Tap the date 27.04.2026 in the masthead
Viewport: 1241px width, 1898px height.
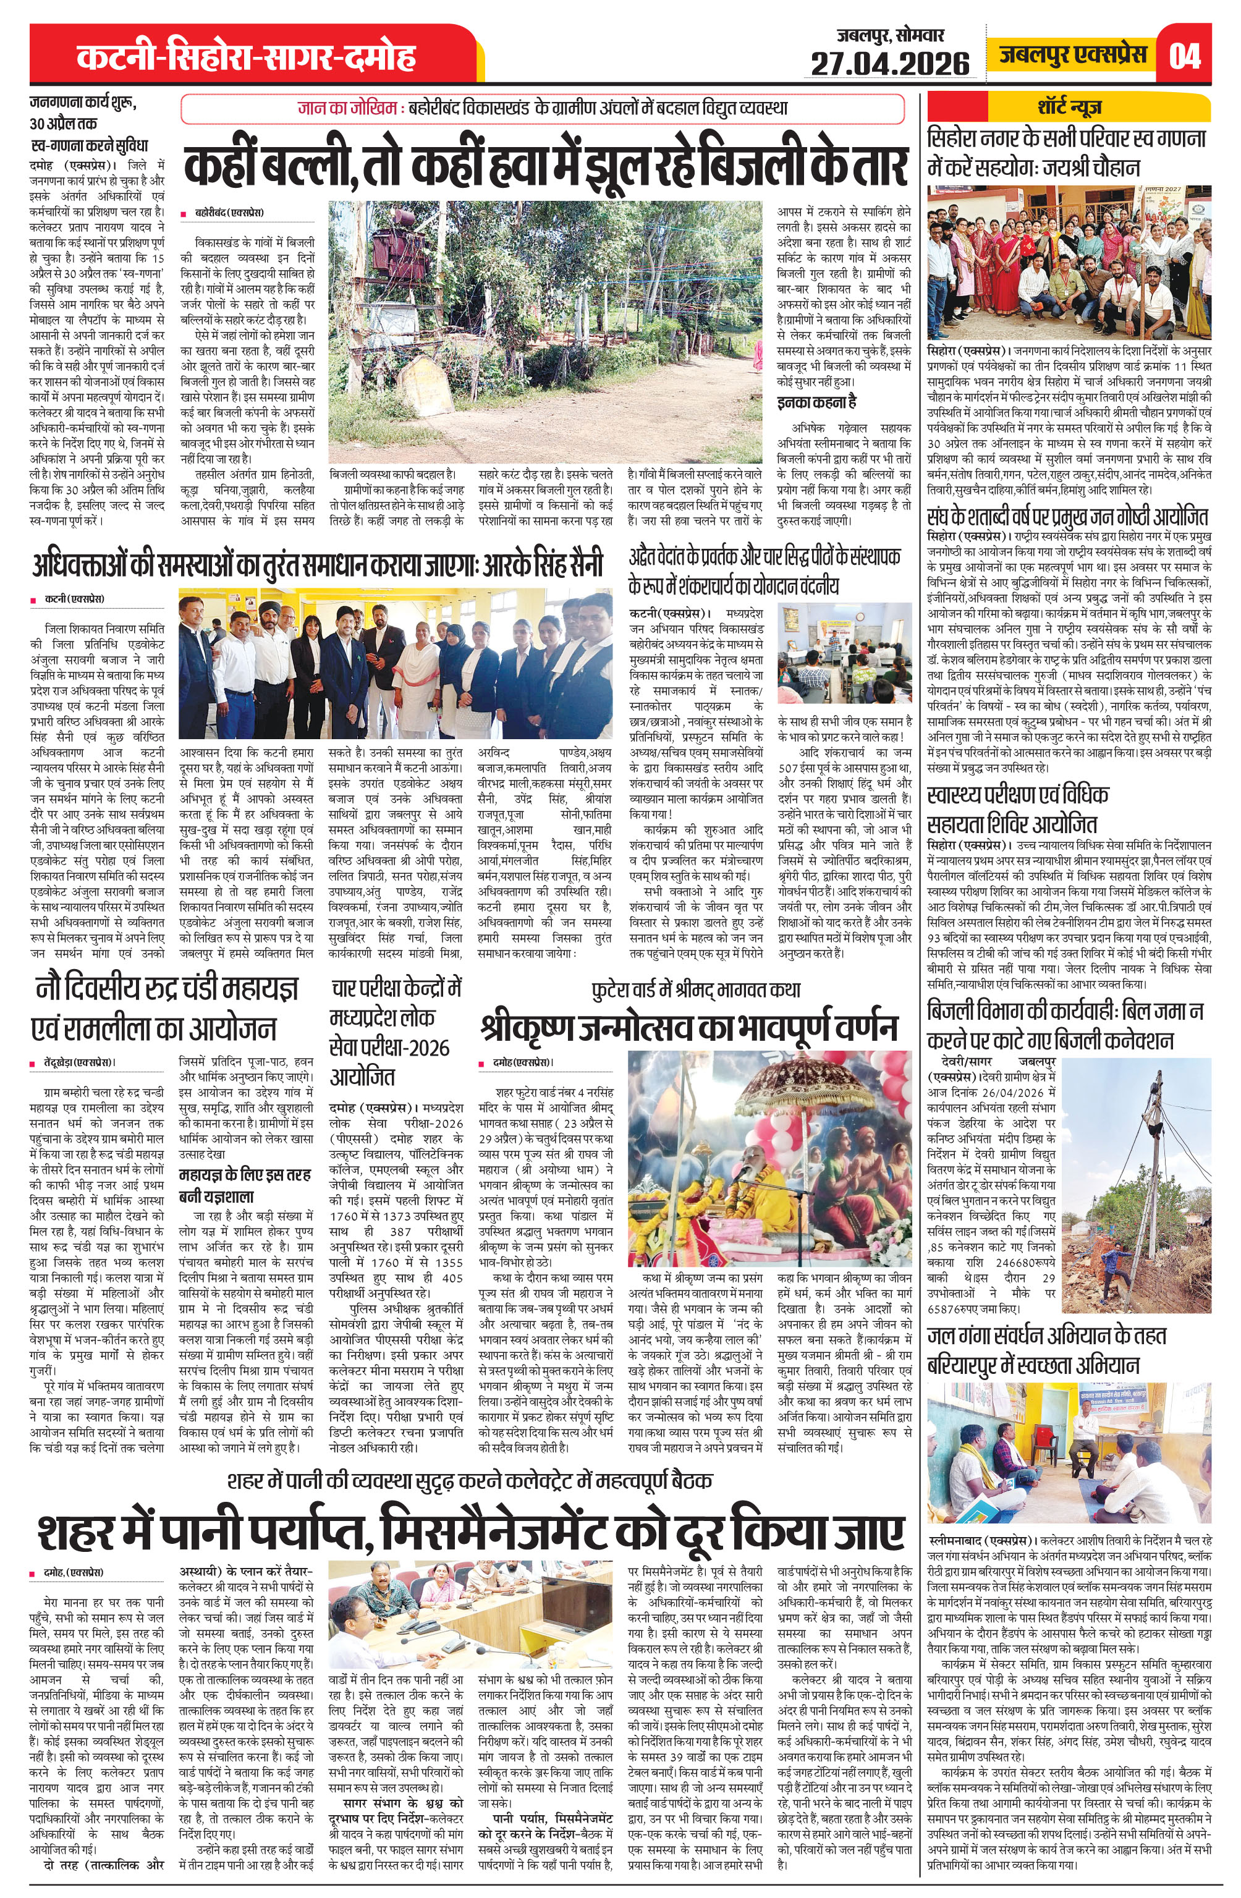click(x=889, y=64)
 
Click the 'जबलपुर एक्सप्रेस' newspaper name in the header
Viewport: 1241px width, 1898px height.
click(x=1073, y=54)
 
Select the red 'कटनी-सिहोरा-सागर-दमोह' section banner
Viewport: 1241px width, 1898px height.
click(x=247, y=57)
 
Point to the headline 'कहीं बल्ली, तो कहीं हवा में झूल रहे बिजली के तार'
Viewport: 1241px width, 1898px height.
click(x=546, y=166)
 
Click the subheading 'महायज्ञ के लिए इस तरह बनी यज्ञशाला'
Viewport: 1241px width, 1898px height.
click(x=244, y=1185)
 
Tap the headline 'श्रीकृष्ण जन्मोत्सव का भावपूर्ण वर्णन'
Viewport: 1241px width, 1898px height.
click(x=690, y=1028)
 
